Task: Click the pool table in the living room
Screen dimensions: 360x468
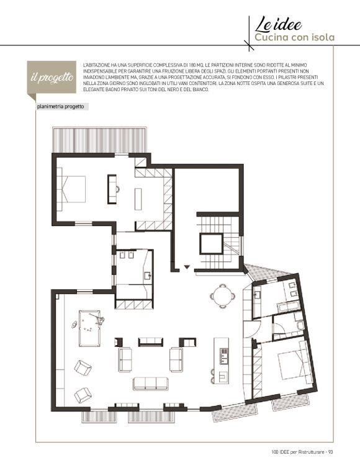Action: coord(90,328)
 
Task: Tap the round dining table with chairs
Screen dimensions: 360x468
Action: coord(222,296)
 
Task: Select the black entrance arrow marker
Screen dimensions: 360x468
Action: coord(187,267)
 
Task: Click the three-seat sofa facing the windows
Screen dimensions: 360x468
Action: coord(151,384)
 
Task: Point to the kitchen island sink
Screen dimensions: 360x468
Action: coord(223,357)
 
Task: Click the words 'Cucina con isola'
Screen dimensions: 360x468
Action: coord(294,37)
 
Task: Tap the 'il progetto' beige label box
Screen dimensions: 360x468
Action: coord(52,78)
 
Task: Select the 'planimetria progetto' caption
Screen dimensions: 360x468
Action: coord(60,107)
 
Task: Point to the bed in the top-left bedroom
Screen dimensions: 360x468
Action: coord(71,189)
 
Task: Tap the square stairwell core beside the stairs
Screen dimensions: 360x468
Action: coord(211,244)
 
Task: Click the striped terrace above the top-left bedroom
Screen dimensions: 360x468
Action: coord(100,140)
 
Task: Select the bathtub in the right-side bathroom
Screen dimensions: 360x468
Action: coord(288,306)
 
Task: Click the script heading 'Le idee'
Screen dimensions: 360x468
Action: coord(278,24)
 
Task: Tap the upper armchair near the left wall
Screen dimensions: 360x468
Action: coord(83,367)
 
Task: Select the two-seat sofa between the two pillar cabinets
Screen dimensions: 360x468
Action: coord(151,342)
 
